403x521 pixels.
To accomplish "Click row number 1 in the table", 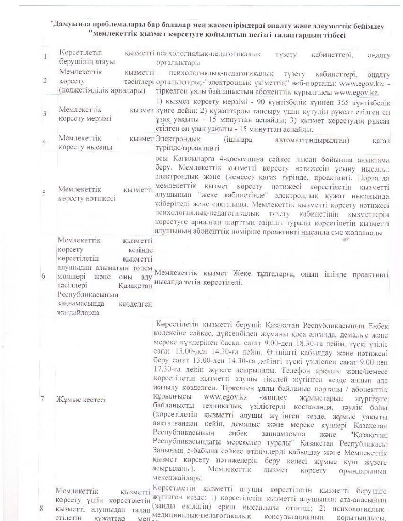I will tap(46, 56).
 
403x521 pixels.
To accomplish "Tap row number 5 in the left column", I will tap(45, 193).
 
